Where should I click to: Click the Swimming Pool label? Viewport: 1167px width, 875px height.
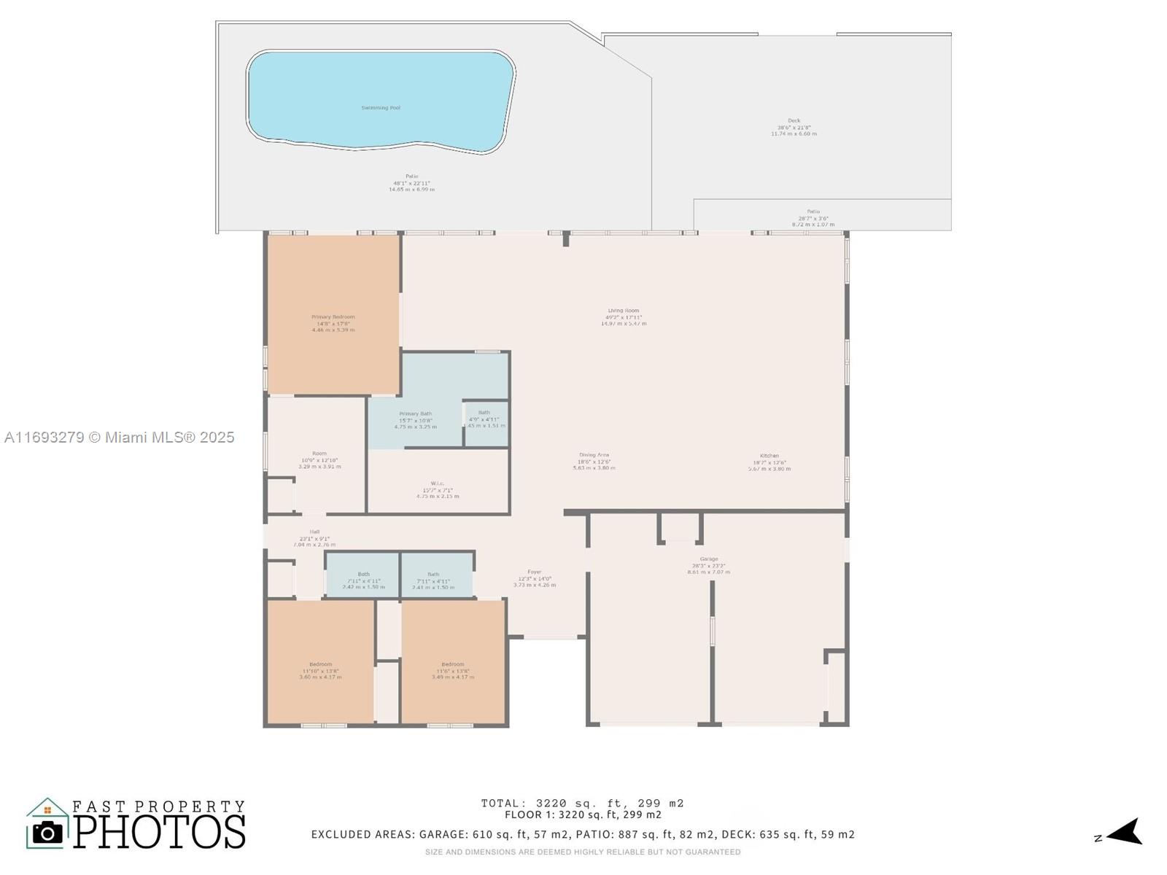coord(381,108)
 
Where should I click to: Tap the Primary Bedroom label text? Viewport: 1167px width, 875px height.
coord(333,317)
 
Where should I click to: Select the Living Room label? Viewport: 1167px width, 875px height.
coord(623,311)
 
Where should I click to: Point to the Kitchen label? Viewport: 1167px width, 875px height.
coord(769,456)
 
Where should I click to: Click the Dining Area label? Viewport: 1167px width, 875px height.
coord(594,455)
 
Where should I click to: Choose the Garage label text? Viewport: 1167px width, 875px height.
coord(708,559)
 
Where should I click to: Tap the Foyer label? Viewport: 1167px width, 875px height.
coord(535,572)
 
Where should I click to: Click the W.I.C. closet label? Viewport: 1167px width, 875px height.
coord(438,483)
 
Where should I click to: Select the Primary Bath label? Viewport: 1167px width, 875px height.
coord(415,414)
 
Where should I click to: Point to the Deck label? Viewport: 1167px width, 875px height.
coord(794,121)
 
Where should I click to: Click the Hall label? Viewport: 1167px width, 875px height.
coord(314,532)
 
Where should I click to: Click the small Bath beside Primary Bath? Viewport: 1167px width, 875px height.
coord(484,413)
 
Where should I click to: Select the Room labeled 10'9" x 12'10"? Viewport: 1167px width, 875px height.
coord(319,454)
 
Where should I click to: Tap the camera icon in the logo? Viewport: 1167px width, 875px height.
coord(48,832)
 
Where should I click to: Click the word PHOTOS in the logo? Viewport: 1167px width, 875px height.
coord(159,831)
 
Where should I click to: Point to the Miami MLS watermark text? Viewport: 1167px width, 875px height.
coord(119,437)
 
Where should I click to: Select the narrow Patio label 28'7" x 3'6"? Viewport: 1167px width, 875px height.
coord(813,212)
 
